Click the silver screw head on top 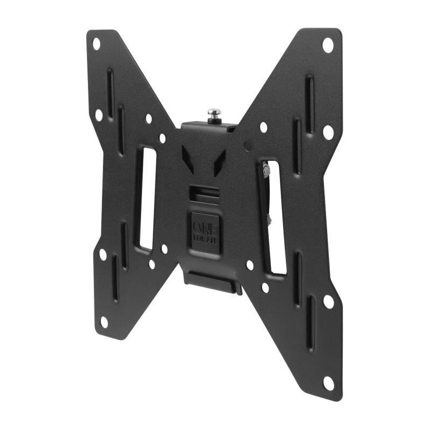click(x=214, y=113)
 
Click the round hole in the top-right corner click(x=328, y=45)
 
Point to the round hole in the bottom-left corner click(x=104, y=321)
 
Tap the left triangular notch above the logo click(x=187, y=158)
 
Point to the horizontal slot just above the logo click(x=204, y=191)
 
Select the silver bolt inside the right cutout click(x=267, y=171)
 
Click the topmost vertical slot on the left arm click(x=110, y=91)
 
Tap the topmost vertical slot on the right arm click(x=309, y=97)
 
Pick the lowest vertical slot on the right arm click(x=311, y=322)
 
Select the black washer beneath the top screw click(x=215, y=121)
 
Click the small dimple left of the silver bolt click(x=247, y=146)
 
